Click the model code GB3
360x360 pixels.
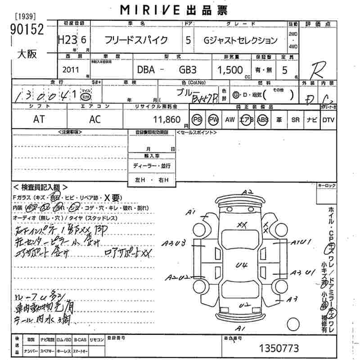pos(188,71)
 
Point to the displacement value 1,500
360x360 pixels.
pos(230,70)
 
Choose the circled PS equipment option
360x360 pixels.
pos(197,120)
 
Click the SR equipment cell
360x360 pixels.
pos(295,120)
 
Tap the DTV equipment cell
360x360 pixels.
pos(328,120)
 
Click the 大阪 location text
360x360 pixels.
pos(27,54)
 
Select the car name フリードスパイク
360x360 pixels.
pos(136,40)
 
